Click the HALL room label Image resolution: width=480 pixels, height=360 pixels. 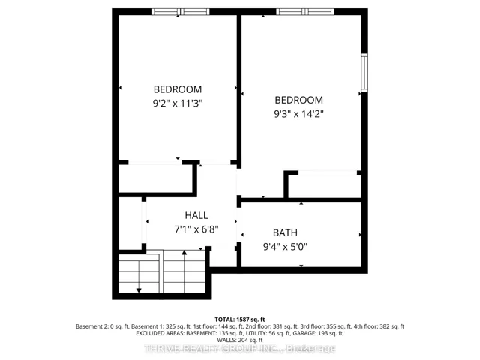[x=196, y=215]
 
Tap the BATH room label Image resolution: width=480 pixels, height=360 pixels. [x=285, y=233]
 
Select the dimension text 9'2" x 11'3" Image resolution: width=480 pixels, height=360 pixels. [x=178, y=103]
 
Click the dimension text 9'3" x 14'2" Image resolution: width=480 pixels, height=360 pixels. [x=299, y=114]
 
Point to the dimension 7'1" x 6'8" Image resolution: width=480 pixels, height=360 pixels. [x=196, y=229]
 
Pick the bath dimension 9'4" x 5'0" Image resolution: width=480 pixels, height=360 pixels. [x=285, y=247]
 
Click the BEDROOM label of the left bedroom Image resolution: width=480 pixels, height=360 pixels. [x=178, y=89]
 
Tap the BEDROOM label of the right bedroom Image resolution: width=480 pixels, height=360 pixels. [x=299, y=100]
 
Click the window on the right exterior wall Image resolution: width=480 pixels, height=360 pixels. [x=364, y=73]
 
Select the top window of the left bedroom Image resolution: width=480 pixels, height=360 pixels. [x=181, y=12]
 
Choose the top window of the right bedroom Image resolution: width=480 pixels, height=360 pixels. [x=305, y=12]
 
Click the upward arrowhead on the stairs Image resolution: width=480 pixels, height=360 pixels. [x=184, y=253]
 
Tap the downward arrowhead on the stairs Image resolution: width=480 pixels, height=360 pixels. [x=139, y=290]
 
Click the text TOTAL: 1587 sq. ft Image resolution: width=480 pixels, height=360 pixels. [x=240, y=319]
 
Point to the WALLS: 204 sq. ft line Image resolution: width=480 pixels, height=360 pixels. [x=240, y=340]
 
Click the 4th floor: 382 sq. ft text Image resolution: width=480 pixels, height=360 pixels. [x=379, y=326]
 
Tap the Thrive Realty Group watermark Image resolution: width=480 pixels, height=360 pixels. [x=240, y=348]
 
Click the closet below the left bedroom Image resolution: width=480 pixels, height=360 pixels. [x=155, y=178]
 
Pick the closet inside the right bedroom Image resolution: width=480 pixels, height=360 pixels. [x=325, y=187]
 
